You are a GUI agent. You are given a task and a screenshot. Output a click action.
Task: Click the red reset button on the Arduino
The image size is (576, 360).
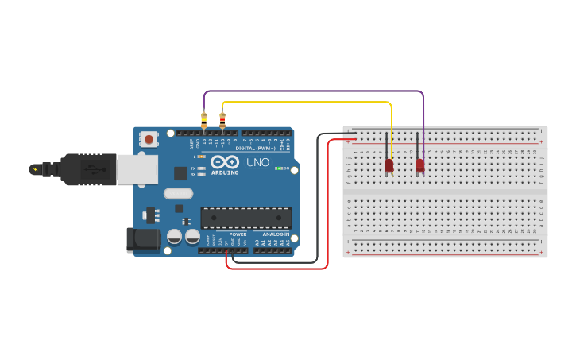coord(149,139)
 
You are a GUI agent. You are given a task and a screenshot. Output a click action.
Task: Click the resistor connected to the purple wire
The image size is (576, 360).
coord(204,119)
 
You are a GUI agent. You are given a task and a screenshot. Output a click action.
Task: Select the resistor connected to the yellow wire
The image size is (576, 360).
coord(222,120)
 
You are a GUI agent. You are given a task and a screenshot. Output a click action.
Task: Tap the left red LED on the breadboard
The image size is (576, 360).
coord(389,165)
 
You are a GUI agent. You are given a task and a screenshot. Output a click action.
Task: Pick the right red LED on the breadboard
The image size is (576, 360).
coord(419,165)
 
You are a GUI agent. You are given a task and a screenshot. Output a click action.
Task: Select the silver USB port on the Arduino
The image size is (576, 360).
coord(137,169)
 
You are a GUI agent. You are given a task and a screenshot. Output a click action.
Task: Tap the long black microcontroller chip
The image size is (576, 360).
coord(245,218)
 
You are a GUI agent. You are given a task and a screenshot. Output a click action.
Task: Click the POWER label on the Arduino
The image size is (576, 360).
coord(238,234)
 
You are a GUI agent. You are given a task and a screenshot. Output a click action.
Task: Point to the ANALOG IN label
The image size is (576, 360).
coord(276,234)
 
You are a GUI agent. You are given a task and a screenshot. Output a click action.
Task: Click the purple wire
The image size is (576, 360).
coord(318,91)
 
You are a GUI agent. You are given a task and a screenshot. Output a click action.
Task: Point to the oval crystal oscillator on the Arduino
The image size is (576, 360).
coord(178,193)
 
